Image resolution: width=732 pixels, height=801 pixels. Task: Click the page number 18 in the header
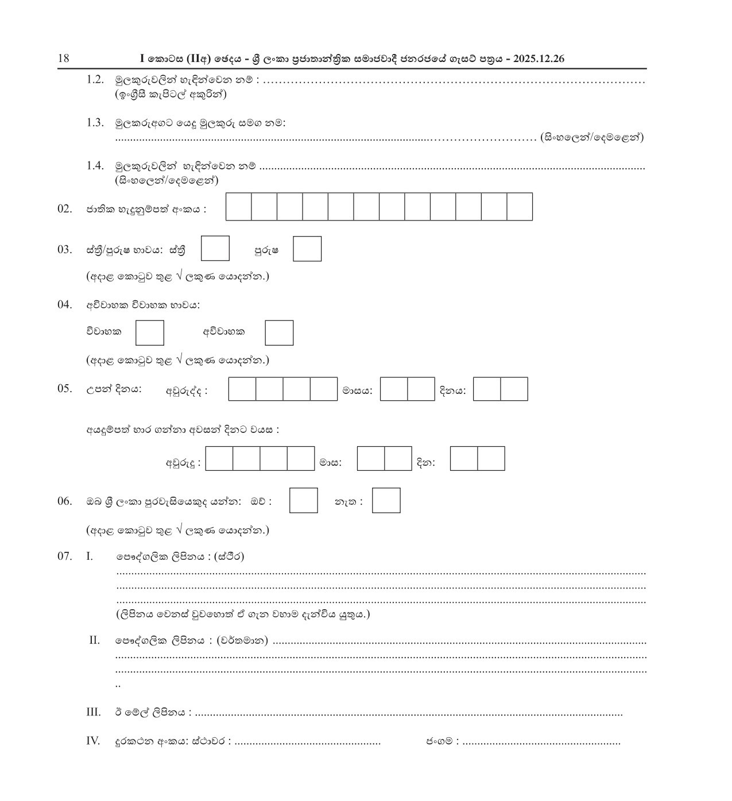click(x=63, y=59)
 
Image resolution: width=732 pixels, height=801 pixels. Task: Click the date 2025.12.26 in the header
click(x=539, y=59)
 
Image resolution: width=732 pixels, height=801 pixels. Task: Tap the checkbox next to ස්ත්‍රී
click(x=215, y=249)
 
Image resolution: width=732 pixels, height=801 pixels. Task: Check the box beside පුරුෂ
click(x=307, y=249)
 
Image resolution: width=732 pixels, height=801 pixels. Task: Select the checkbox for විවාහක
click(x=150, y=333)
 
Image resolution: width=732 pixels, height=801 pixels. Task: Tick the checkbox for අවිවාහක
click(x=279, y=333)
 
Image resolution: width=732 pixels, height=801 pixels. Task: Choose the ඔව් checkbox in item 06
click(x=303, y=501)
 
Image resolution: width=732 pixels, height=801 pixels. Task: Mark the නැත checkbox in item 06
click(x=386, y=501)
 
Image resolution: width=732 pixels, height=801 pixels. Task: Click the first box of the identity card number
click(x=239, y=207)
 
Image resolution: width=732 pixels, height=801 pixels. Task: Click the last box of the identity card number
click(x=520, y=207)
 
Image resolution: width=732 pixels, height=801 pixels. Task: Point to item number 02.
click(x=64, y=209)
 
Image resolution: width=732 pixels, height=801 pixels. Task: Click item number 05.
click(x=64, y=389)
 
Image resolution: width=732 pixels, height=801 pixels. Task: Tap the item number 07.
click(x=64, y=556)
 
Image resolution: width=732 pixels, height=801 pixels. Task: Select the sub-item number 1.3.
click(x=95, y=122)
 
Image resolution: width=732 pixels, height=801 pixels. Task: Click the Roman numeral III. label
click(x=93, y=713)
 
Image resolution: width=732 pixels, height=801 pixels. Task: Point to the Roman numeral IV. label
click(x=93, y=741)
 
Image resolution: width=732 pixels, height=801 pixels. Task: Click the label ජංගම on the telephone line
click(x=440, y=741)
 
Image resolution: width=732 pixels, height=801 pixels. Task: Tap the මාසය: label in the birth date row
click(x=357, y=391)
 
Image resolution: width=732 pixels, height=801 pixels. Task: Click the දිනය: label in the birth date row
click(x=453, y=391)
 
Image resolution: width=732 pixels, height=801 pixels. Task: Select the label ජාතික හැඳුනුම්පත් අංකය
click(x=146, y=210)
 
